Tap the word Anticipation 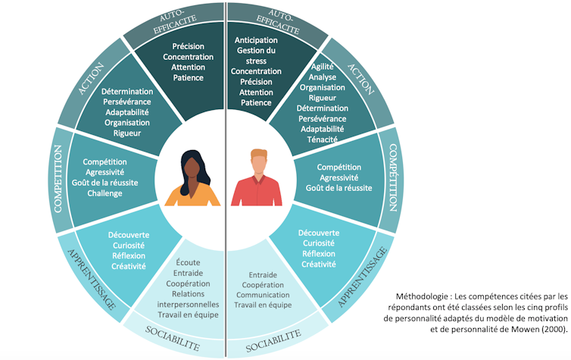[256, 39]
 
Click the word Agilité [322, 66]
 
